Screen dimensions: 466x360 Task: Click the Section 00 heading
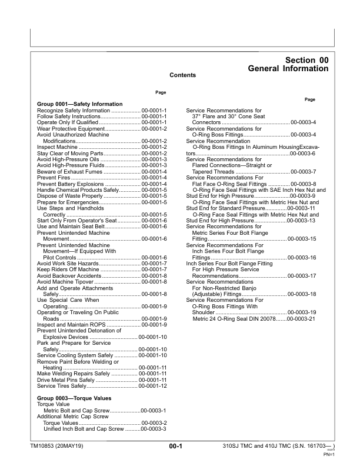point(306,60)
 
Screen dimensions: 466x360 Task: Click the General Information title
point(288,69)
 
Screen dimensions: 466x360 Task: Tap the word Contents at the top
point(182,75)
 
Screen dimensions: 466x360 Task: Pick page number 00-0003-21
point(301,319)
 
